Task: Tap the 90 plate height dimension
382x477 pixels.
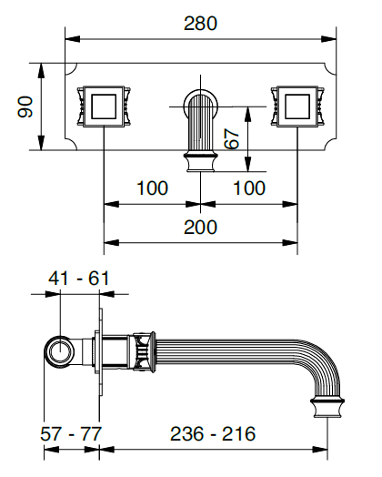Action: (x=25, y=107)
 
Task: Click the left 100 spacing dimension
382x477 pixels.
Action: (x=151, y=188)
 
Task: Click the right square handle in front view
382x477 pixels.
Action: (x=297, y=107)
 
